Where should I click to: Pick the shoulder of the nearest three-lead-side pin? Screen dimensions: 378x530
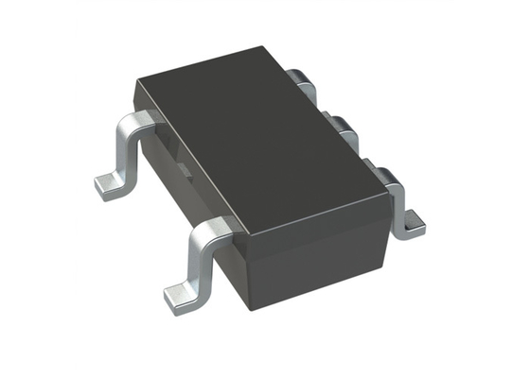tap(386, 175)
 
